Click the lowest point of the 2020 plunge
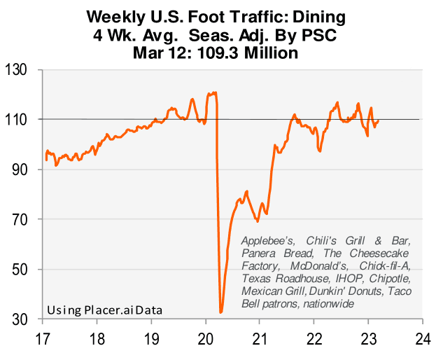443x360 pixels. click(221, 312)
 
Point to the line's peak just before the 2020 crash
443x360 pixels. click(213, 92)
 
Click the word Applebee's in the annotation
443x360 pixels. click(269, 240)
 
